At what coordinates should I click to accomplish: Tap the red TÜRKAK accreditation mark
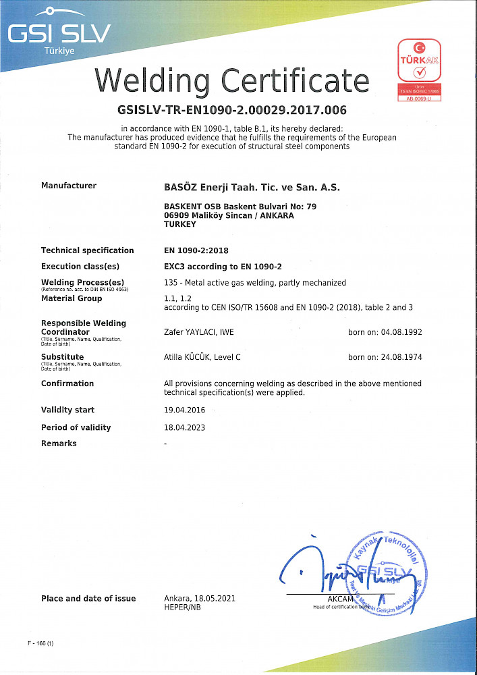click(420, 71)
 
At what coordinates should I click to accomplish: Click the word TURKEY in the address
click(179, 225)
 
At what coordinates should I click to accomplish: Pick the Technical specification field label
click(87, 250)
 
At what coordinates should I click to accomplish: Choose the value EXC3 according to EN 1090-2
click(223, 267)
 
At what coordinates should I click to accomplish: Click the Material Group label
click(72, 298)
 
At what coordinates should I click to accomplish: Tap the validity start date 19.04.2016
click(185, 410)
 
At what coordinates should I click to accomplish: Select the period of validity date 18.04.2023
click(185, 427)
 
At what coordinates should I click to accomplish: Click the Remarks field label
click(59, 443)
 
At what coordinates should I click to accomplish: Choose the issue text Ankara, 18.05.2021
click(200, 599)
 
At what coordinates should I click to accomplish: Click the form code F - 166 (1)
click(40, 643)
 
